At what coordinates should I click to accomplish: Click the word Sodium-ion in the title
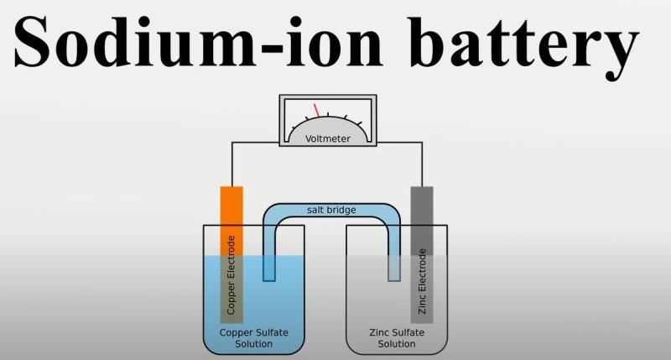click(x=198, y=41)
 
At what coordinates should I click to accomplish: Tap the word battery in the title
click(x=523, y=48)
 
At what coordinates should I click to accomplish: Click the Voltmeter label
click(x=328, y=138)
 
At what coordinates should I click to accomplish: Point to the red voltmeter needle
click(x=317, y=110)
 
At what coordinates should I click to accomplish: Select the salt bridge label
click(x=331, y=210)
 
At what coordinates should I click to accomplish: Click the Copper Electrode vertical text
click(x=231, y=274)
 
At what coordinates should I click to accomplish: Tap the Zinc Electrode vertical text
click(x=422, y=281)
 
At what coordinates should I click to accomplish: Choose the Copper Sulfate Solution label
click(x=254, y=338)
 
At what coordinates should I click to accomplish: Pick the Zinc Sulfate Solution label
click(x=397, y=338)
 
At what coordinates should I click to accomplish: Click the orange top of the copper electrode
click(x=231, y=221)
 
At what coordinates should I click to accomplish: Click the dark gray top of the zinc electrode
click(x=422, y=221)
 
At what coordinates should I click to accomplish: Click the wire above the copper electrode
click(x=232, y=164)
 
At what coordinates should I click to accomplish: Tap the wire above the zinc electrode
click(x=422, y=164)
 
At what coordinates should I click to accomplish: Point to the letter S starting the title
click(x=33, y=41)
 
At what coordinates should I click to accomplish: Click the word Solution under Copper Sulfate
click(x=254, y=344)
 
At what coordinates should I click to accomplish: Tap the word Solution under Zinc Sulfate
click(x=397, y=344)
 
